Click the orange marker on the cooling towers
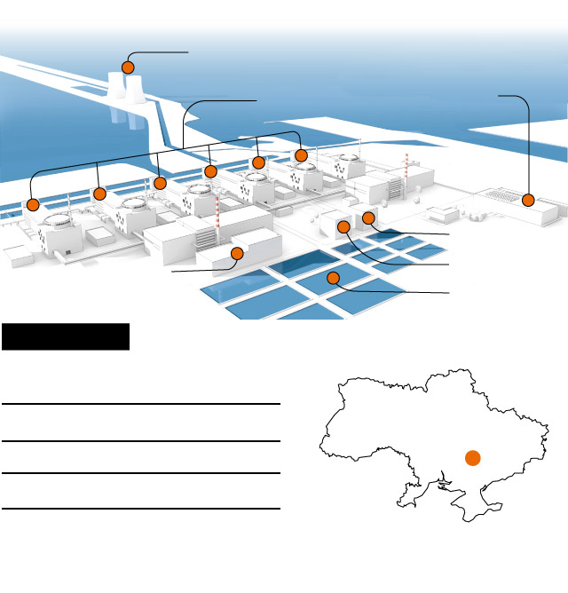[128, 67]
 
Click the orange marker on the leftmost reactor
[33, 205]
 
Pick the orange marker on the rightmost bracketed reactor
[301, 156]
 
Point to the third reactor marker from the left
[160, 183]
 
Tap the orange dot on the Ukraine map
[472, 457]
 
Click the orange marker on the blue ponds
[334, 278]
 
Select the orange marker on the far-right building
[528, 201]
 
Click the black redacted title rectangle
[66, 336]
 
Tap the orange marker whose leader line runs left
[236, 254]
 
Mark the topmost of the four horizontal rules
[141, 404]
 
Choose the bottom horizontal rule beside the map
[141, 509]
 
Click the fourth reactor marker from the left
[210, 170]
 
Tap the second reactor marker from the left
[99, 194]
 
